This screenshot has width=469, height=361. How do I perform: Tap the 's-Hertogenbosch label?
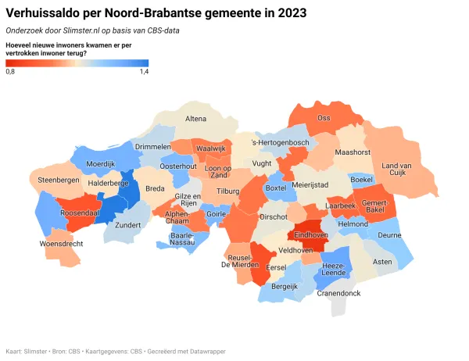(281, 143)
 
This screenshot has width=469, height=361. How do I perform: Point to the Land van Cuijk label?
(396, 170)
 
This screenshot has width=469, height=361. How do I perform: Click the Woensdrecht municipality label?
(39, 244)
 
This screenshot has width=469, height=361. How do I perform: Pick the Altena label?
(195, 118)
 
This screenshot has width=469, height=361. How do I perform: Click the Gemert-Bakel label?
(374, 206)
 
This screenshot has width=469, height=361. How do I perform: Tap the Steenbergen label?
(59, 180)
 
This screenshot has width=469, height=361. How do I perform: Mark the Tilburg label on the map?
(227, 191)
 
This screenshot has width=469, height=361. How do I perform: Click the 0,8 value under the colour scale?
(10, 72)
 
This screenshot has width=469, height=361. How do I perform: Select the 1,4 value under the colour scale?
(144, 72)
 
